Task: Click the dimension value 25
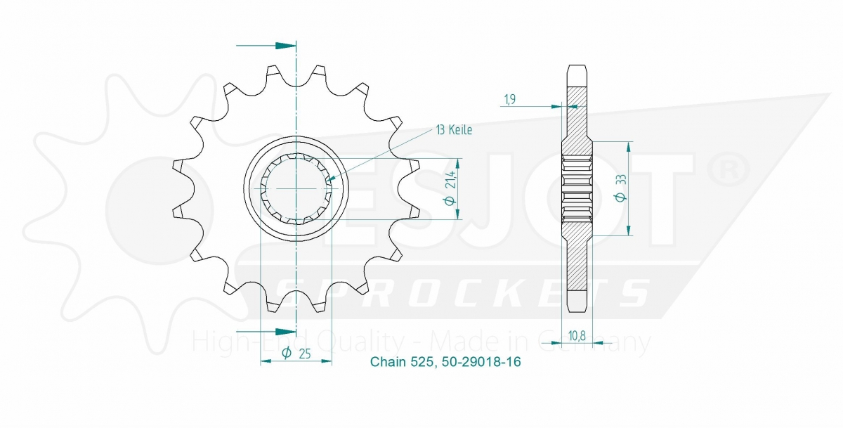tap(305, 353)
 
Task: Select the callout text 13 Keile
tap(454, 130)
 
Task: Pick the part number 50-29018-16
tap(482, 363)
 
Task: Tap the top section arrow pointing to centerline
tap(285, 46)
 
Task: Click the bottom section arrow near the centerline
tap(285, 331)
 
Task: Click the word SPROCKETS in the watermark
tap(460, 292)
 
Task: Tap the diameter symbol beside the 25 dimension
tap(287, 353)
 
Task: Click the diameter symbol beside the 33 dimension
tap(621, 199)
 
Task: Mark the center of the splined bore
tap(296, 190)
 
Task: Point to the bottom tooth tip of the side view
tap(576, 304)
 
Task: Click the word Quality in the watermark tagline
tap(359, 342)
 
